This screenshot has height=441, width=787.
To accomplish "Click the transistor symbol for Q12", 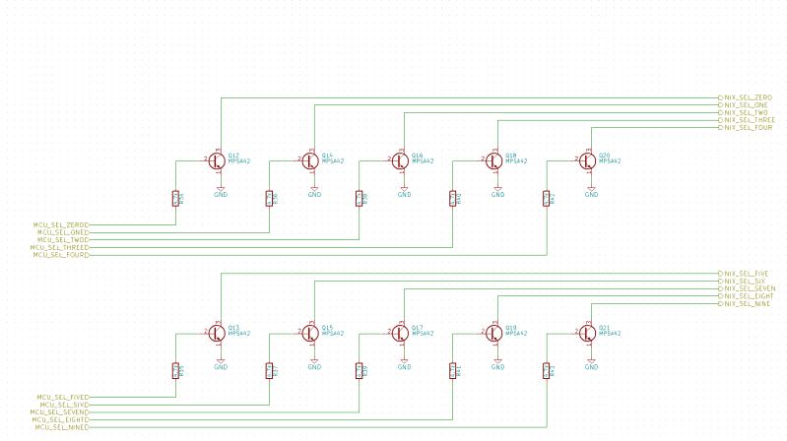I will (x=218, y=159).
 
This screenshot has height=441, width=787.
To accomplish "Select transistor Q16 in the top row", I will (x=401, y=159).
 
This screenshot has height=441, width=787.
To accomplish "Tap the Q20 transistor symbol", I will (x=588, y=159).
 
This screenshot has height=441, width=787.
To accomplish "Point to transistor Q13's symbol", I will (x=218, y=333).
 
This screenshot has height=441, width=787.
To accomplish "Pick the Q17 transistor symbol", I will (x=401, y=333).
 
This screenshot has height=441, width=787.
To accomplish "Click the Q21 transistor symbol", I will (x=588, y=333).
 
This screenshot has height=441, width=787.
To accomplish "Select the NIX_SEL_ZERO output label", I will (x=748, y=96).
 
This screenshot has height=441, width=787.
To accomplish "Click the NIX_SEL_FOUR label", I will (x=748, y=128).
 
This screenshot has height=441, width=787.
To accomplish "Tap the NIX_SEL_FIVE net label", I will (x=748, y=273).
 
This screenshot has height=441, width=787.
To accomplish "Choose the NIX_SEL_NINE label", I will (x=748, y=304).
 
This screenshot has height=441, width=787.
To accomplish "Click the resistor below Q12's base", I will (x=176, y=198).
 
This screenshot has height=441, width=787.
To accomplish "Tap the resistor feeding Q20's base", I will (x=547, y=198).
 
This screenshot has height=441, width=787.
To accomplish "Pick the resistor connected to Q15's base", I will (x=269, y=371).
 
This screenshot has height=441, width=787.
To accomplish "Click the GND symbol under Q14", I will (x=314, y=191).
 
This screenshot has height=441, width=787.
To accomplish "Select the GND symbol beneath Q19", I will (x=497, y=364).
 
